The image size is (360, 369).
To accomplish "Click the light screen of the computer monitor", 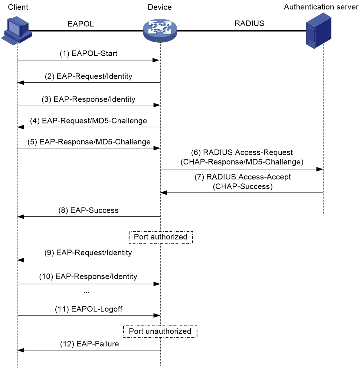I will [x=15, y=27].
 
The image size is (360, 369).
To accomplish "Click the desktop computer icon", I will [x=17, y=31].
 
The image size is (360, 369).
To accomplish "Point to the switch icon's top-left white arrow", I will [x=152, y=25].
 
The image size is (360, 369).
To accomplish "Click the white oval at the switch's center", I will [x=160, y=28].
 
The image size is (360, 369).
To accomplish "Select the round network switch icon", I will [x=160, y=31].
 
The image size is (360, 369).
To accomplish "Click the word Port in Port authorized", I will [x=141, y=237].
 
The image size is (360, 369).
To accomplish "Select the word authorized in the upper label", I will [x=169, y=237].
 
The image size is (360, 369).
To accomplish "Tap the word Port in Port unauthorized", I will [x=136, y=331].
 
